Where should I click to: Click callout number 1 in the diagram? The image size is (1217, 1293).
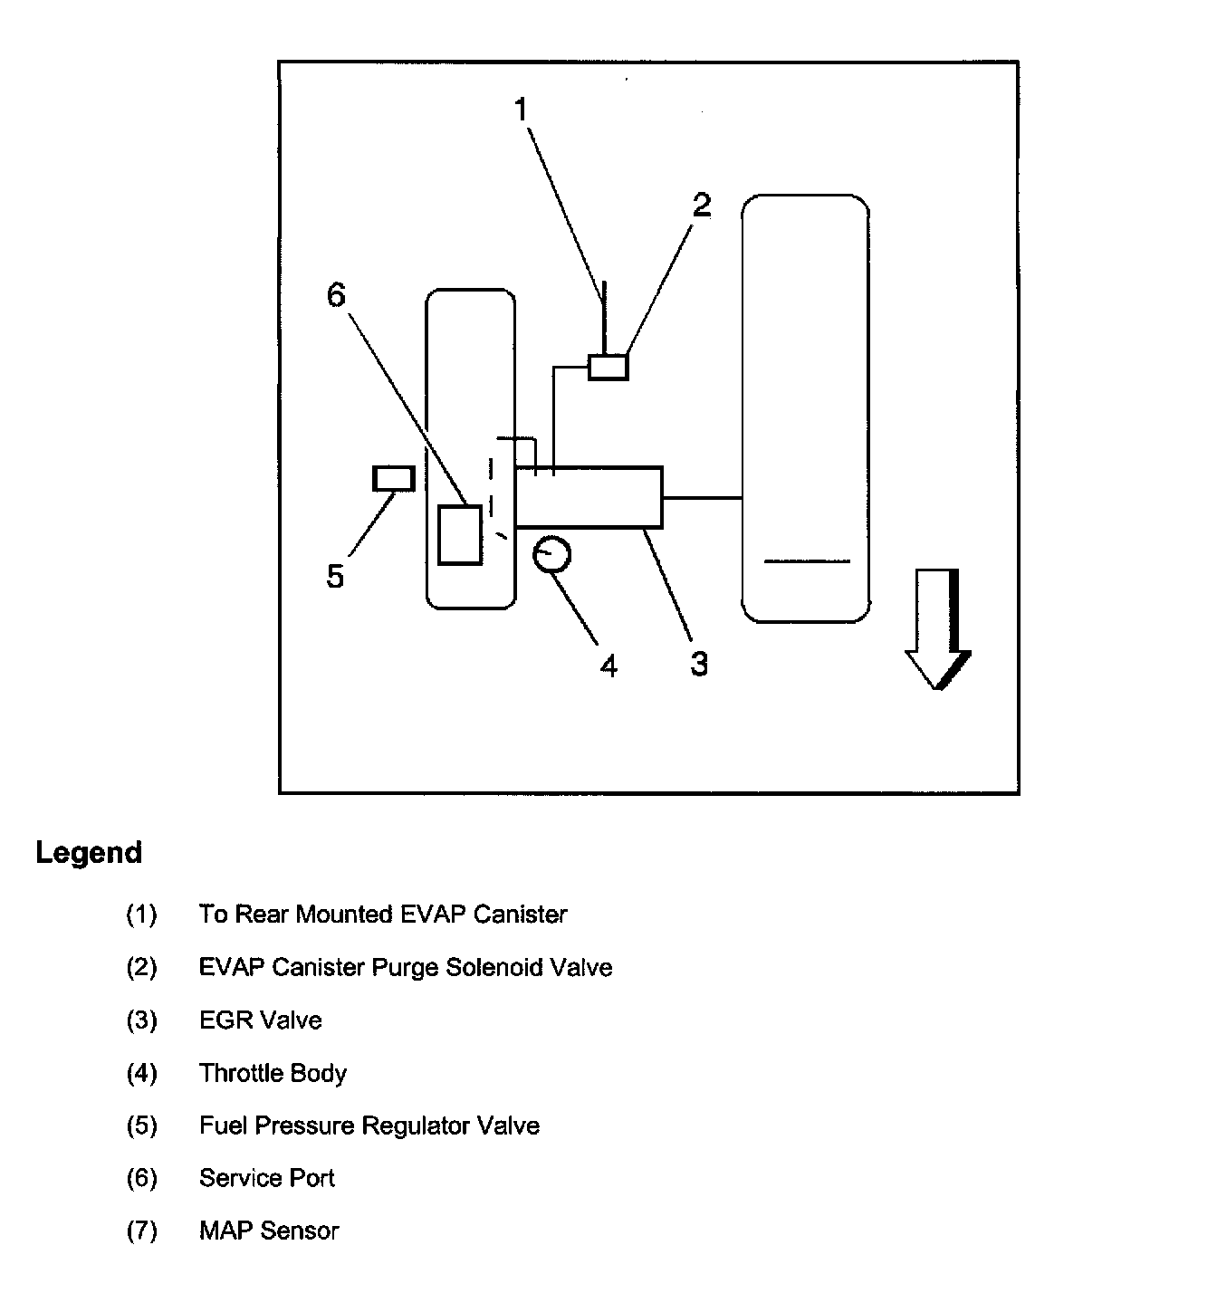[x=521, y=110]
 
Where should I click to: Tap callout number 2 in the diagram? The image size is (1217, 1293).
[x=702, y=206]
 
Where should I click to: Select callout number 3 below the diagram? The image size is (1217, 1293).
[x=698, y=664]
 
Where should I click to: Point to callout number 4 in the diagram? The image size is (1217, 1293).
[x=608, y=666]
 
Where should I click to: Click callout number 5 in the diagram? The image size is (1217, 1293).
[x=335, y=576]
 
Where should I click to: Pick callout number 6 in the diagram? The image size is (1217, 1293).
[x=336, y=294]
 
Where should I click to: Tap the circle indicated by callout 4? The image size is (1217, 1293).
[x=551, y=555]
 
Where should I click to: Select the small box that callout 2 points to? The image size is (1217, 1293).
[x=608, y=367]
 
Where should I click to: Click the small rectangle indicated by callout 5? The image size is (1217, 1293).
[x=394, y=477]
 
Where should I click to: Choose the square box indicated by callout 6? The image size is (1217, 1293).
[x=460, y=535]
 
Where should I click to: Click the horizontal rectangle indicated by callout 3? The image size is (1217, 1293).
[x=589, y=497]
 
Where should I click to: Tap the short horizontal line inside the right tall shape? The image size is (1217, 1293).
[x=807, y=561]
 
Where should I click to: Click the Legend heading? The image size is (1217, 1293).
[x=89, y=853]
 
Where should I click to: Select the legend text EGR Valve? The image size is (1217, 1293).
[x=260, y=1020]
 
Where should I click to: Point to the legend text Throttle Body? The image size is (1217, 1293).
[x=273, y=1073]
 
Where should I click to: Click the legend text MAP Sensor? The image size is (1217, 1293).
[x=269, y=1231]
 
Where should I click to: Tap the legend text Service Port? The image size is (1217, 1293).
[x=267, y=1178]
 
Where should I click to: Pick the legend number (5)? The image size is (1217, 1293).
[x=141, y=1125]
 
